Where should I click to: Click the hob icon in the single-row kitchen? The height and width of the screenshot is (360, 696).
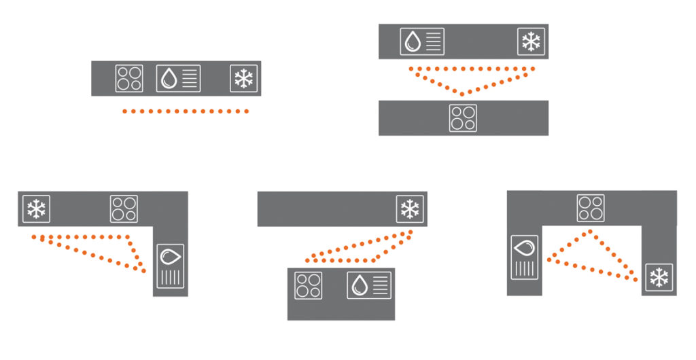(129, 78)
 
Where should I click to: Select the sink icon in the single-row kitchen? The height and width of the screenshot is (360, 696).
(179, 78)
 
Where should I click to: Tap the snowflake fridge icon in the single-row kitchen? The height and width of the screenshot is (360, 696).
(243, 78)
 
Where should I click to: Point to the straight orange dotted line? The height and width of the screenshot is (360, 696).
(185, 111)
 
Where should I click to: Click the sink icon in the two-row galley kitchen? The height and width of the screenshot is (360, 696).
(422, 41)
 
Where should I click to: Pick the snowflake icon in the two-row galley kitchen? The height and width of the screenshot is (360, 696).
(531, 41)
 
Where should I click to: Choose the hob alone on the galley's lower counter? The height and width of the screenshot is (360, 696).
(463, 118)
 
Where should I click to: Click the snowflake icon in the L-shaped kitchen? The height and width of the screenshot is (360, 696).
(36, 209)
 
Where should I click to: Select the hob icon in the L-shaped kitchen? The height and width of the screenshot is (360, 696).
(124, 209)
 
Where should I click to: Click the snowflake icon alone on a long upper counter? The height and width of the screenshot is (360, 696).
(410, 209)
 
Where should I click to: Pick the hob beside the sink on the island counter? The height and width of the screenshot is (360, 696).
(309, 285)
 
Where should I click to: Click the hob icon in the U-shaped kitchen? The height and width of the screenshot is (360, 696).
(591, 208)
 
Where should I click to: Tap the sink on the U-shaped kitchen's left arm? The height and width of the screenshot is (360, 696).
(524, 257)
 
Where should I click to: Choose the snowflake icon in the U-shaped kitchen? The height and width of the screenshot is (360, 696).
(659, 277)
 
